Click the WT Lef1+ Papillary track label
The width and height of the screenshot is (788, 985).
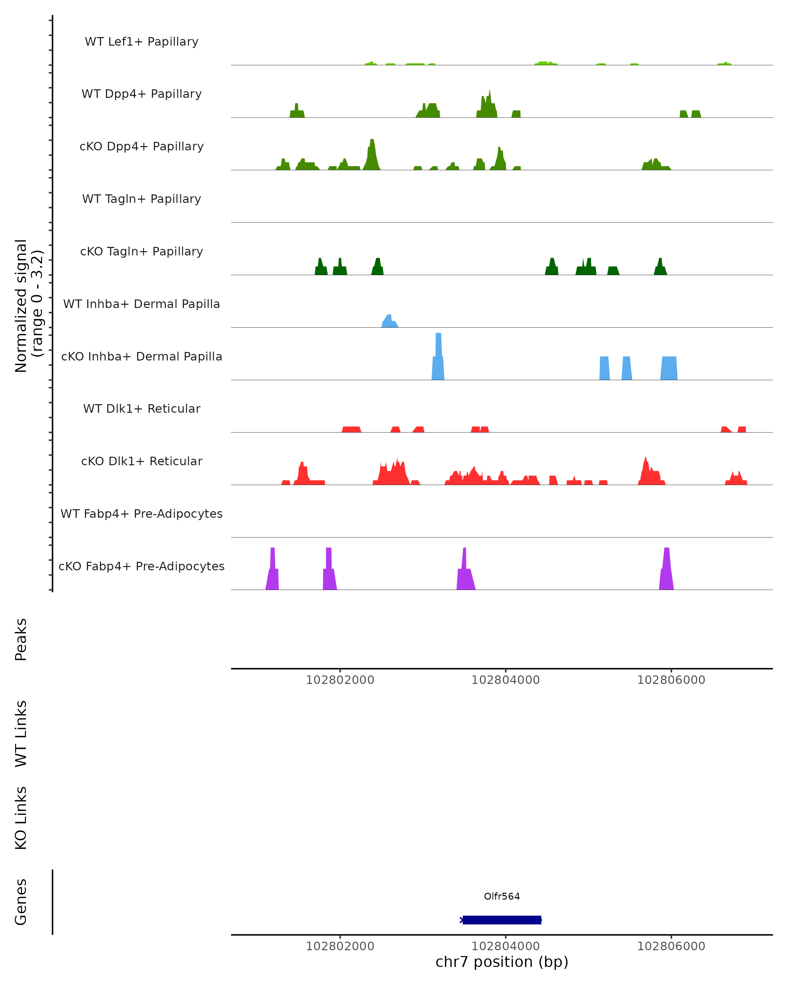pos(142,42)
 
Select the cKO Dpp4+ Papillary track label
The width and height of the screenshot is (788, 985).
pos(142,147)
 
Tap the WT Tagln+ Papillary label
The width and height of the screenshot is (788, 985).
pos(142,199)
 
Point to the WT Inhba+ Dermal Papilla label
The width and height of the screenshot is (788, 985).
pos(142,304)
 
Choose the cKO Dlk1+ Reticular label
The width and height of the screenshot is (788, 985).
pos(142,461)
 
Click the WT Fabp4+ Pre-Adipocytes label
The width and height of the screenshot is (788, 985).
pos(142,514)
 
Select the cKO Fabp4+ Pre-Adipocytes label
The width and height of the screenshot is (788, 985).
pos(142,566)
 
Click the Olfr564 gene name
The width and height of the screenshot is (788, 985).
pos(502,896)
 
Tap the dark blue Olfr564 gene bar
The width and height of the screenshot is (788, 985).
pos(502,920)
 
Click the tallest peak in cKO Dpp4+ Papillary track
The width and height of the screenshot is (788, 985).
pos(372,153)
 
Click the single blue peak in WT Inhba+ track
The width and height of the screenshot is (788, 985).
pos(389,321)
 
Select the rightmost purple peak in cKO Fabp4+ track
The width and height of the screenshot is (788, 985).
pos(667,569)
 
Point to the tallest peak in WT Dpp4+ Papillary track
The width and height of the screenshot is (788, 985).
pos(489,104)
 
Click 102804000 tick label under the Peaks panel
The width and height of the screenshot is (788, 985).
pos(505,680)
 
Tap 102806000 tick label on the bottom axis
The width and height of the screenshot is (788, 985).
pos(671,946)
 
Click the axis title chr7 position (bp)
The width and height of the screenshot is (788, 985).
pos(502,962)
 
